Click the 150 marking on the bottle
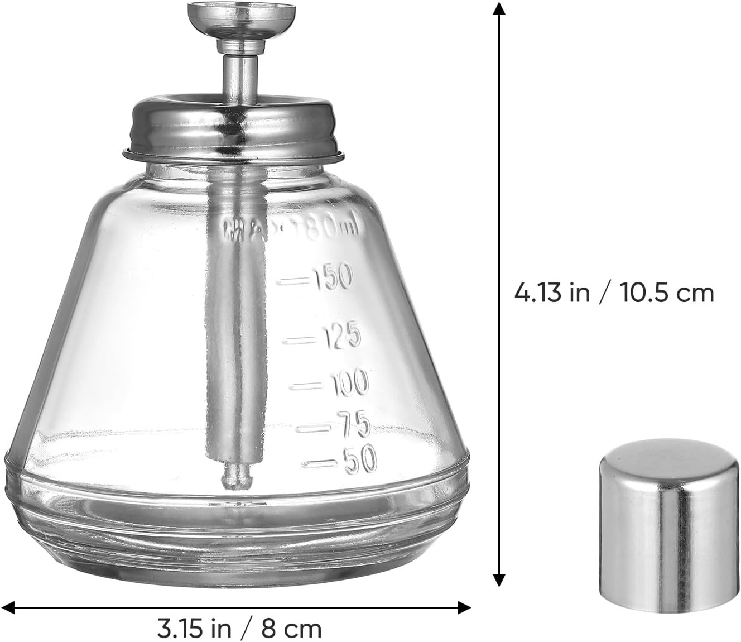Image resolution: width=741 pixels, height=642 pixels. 333,277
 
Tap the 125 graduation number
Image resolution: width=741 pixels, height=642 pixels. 341,336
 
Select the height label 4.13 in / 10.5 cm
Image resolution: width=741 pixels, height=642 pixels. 614,293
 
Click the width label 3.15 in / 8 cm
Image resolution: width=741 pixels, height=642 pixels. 239,629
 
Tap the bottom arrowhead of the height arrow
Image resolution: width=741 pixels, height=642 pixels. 499,581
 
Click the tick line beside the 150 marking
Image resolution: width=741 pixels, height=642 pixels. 295,281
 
